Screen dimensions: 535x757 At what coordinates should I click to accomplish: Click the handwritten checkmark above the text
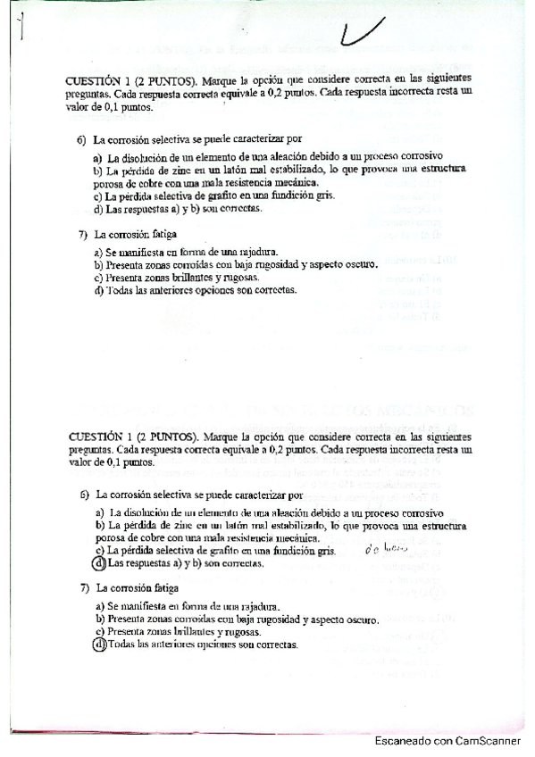364,33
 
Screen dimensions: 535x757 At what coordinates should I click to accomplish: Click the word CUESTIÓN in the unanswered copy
96,80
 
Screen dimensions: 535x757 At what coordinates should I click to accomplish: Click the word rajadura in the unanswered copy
257,252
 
